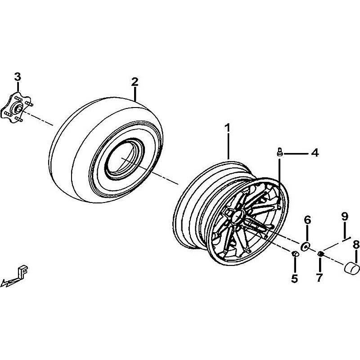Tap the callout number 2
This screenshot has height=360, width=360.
pyautogui.click(x=135, y=82)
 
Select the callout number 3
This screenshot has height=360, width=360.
pyautogui.click(x=18, y=76)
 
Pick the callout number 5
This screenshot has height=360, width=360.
pyautogui.click(x=294, y=279)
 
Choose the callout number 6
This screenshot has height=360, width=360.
pyautogui.click(x=307, y=220)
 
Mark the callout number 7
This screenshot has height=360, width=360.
pyautogui.click(x=319, y=278)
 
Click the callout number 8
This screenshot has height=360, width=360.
pyautogui.click(x=356, y=245)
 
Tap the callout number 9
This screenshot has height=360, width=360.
pyautogui.click(x=345, y=216)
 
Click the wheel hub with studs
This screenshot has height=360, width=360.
pyautogui.click(x=17, y=108)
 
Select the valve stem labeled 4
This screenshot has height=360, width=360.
pyautogui.click(x=279, y=152)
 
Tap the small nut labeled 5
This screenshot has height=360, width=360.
pyautogui.click(x=295, y=254)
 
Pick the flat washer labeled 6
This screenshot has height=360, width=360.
pyautogui.click(x=305, y=246)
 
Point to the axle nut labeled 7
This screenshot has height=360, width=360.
pyautogui.click(x=320, y=254)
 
